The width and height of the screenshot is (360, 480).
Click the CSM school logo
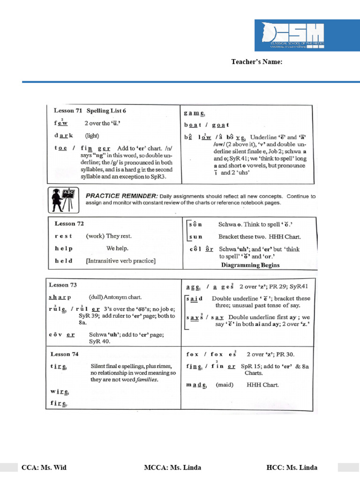click(296, 36)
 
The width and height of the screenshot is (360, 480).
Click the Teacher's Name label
click(256, 62)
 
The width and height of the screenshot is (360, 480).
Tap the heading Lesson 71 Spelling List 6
click(90, 111)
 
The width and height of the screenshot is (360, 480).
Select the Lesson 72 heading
click(69, 224)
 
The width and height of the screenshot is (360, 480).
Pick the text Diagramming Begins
click(250, 265)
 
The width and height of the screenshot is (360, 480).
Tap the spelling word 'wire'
click(60, 391)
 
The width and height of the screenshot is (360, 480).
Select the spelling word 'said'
click(195, 299)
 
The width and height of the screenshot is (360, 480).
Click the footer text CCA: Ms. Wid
click(43, 467)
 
